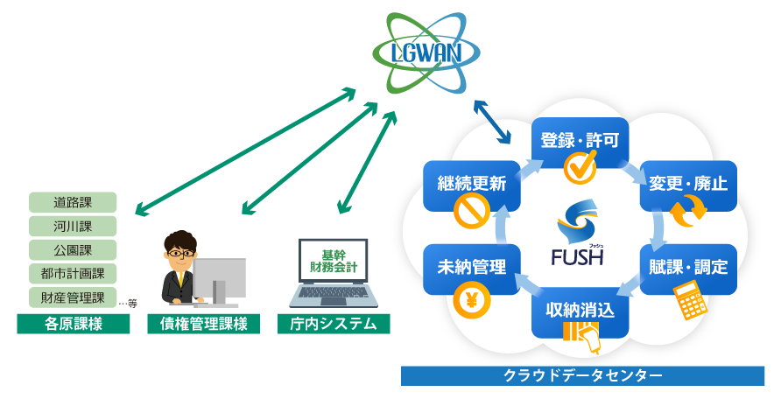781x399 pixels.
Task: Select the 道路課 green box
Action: pos(73,203)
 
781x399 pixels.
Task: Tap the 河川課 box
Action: pos(73,227)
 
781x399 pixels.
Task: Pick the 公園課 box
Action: pos(73,250)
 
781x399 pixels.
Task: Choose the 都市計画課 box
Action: pos(73,274)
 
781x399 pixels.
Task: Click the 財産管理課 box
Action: pos(73,297)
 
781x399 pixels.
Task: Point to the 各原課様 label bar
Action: pos(74,325)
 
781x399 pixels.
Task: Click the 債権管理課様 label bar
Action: pos(204,325)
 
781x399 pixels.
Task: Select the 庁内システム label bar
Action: pos(334,325)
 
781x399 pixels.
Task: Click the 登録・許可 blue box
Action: pos(580,140)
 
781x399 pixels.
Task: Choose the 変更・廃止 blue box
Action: pos(688,184)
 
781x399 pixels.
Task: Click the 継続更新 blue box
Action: pos(472,184)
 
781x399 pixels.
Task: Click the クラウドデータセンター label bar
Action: pos(582,375)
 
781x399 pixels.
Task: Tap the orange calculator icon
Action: pos(691,303)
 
